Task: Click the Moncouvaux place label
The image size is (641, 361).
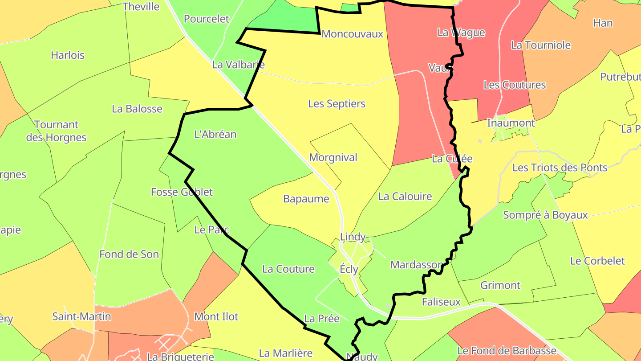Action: [x=352, y=34]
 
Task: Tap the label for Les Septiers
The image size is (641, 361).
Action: [x=337, y=104]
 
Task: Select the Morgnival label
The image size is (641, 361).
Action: [x=333, y=157]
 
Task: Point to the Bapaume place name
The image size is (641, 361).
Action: [x=306, y=199]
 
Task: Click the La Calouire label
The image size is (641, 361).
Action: [x=405, y=196]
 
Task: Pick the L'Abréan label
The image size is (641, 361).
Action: [x=215, y=134]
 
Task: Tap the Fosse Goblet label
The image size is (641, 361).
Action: [x=182, y=192]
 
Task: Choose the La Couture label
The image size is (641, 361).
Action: [x=288, y=269]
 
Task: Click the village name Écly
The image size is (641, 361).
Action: [x=349, y=269]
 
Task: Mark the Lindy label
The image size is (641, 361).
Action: [x=353, y=237]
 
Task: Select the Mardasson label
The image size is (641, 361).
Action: [x=417, y=265]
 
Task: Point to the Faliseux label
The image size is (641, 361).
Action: [x=441, y=302]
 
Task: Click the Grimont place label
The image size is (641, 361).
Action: [x=500, y=285]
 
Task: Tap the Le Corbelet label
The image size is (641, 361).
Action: [x=597, y=261]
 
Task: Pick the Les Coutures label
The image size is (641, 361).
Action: [x=515, y=85]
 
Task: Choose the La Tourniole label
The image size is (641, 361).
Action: [x=541, y=45]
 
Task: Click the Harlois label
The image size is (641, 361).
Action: [x=68, y=55]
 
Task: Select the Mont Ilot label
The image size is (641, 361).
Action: [x=216, y=316]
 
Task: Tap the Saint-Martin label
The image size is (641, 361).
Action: [x=81, y=316]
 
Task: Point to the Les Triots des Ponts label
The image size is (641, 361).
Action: [x=560, y=168]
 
